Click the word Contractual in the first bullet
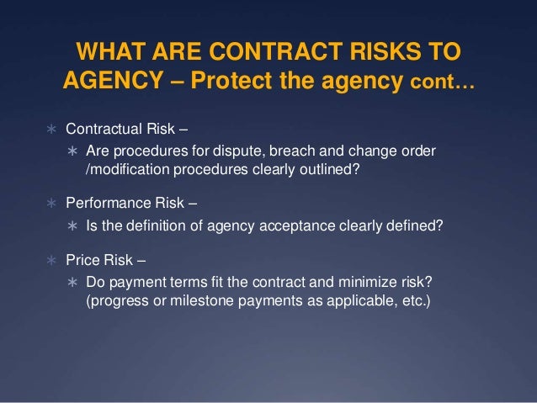click(x=103, y=133)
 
